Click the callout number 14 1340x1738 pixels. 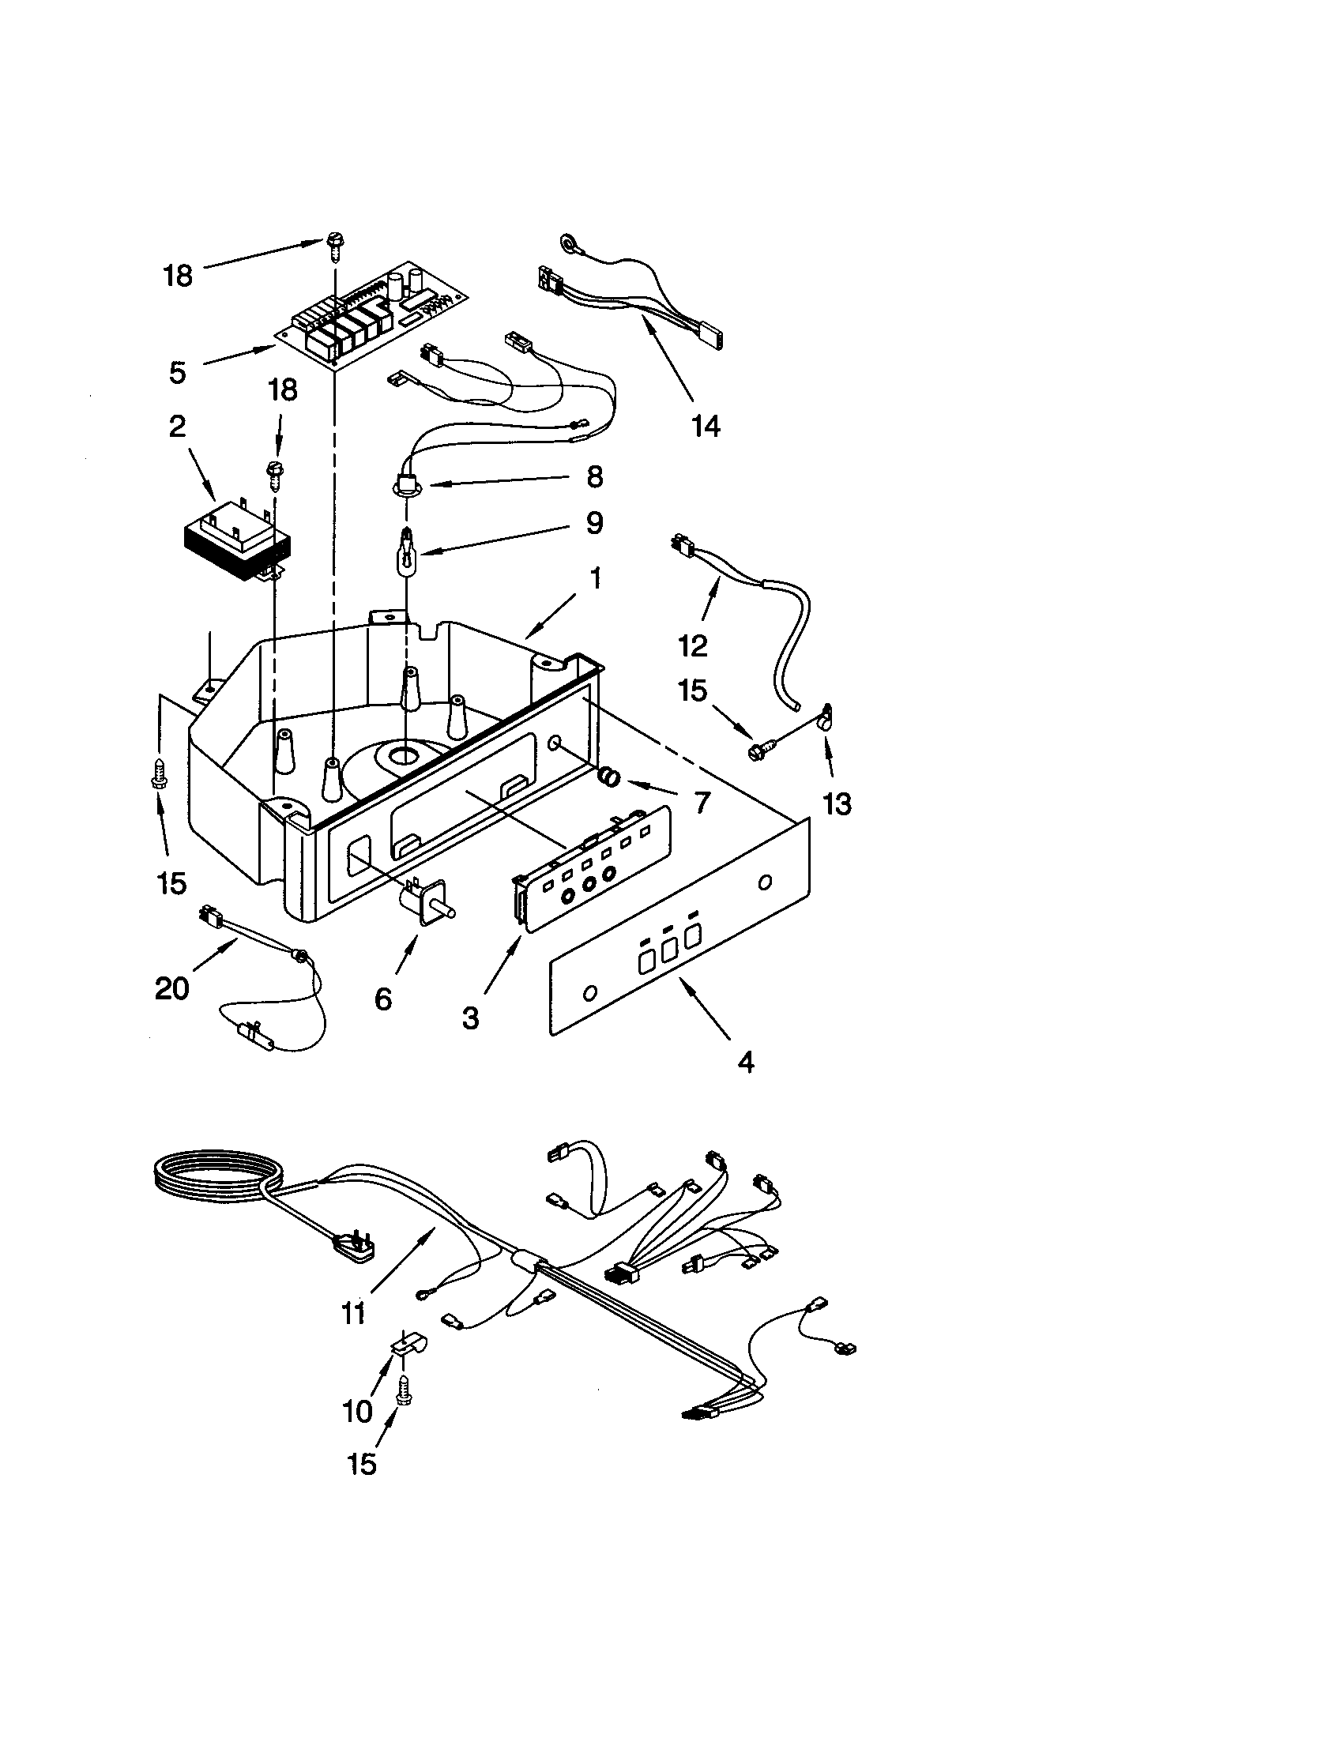pos(706,427)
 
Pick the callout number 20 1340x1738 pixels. pos(172,989)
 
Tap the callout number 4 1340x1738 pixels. pos(746,1062)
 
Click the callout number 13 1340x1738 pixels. pos(836,804)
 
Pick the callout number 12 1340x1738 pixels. pos(693,645)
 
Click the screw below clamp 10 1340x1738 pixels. pos(405,1390)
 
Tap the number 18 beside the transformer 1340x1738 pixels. pos(283,390)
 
